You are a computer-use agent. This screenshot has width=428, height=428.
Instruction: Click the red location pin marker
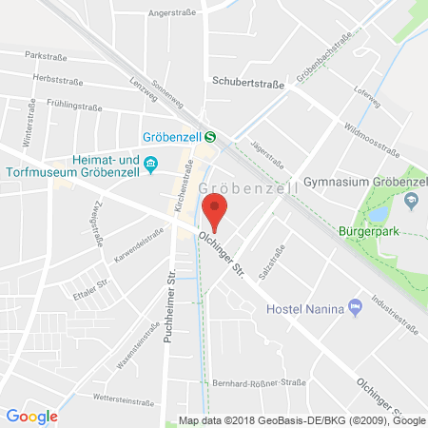click(x=217, y=210)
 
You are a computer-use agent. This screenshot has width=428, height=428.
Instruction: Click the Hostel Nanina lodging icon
click(x=355, y=305)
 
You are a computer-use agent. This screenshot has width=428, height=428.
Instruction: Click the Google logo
click(x=31, y=416)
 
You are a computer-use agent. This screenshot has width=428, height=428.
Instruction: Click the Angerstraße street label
click(x=170, y=14)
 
